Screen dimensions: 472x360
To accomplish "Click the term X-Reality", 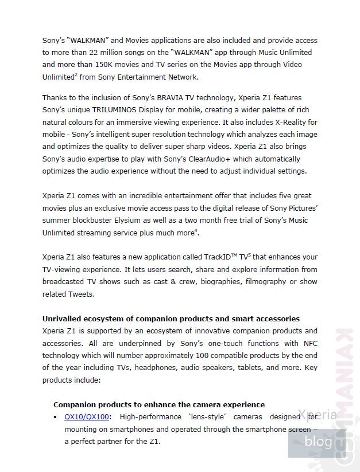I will (287, 123).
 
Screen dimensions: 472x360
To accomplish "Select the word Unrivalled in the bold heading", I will (65, 318).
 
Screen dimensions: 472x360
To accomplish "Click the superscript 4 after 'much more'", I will (197, 230).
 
